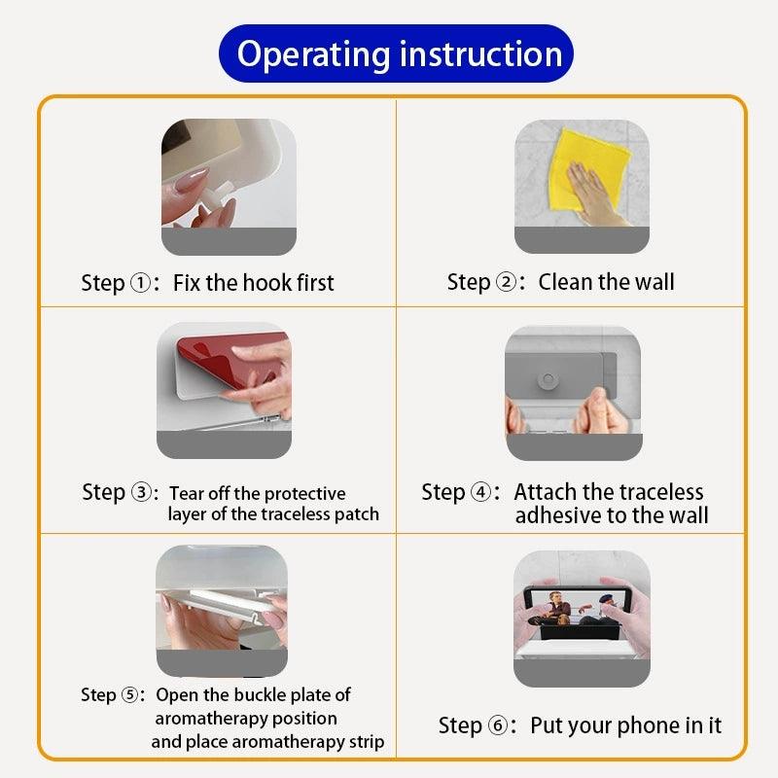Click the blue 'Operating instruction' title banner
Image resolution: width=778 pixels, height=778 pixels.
(396, 53)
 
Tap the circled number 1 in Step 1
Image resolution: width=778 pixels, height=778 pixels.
(140, 283)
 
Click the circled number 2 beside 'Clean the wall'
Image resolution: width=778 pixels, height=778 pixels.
(506, 282)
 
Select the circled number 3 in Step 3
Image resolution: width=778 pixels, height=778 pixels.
(141, 492)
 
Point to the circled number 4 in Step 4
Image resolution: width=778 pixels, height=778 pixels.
(480, 492)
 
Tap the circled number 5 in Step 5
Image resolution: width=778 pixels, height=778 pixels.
(130, 694)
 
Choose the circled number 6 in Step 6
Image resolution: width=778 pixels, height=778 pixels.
(498, 725)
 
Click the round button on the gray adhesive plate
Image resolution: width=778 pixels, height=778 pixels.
(548, 380)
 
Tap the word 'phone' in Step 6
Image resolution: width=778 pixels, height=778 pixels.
(649, 726)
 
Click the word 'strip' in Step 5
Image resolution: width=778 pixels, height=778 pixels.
(367, 743)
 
